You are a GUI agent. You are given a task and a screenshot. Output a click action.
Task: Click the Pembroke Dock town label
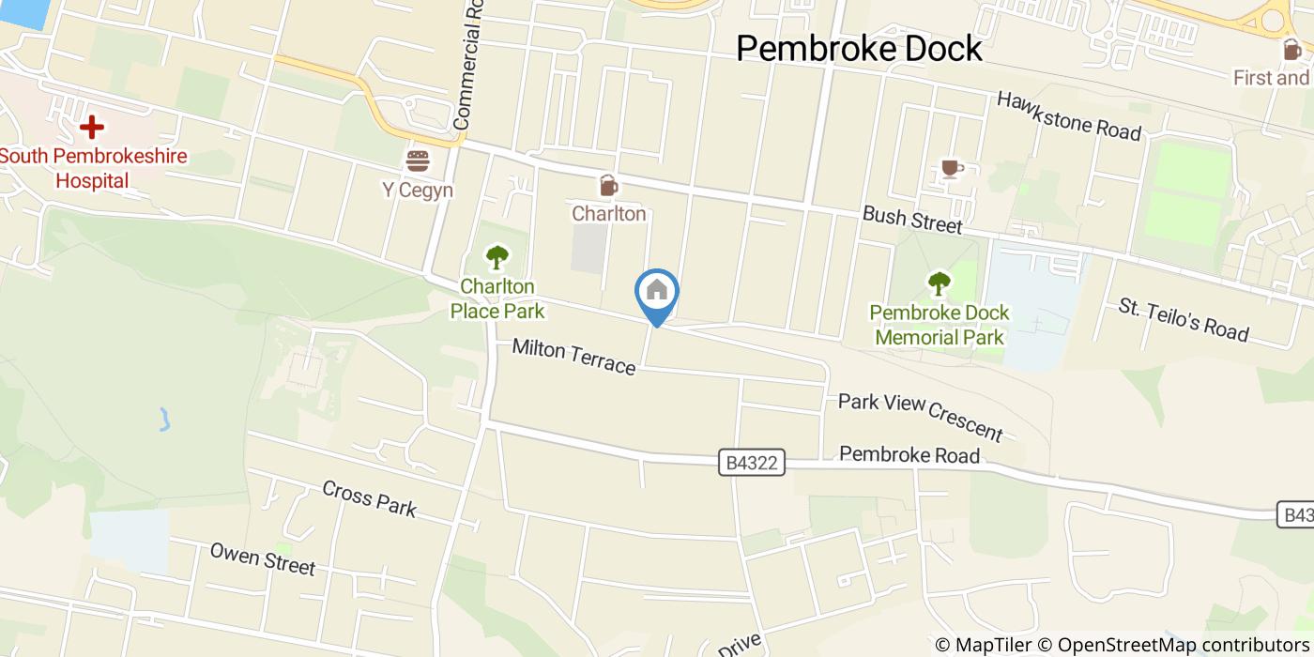859,48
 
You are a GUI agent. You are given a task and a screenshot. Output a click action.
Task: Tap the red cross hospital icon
91,126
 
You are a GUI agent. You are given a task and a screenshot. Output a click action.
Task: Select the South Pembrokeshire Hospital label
93,168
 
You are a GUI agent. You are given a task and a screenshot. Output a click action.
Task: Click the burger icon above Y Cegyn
417,160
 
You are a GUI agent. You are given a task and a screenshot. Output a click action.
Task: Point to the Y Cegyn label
417,191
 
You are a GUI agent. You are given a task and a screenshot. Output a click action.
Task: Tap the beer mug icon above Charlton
608,185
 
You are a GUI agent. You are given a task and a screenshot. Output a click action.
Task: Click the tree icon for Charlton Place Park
497,255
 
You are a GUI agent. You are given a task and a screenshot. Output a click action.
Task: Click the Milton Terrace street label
573,357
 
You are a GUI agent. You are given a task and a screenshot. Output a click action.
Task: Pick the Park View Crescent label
920,416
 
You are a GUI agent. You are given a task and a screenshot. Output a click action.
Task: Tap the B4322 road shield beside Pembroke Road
753,463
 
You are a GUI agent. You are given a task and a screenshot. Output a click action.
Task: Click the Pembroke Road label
909,455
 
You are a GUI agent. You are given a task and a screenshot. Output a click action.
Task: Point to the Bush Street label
912,221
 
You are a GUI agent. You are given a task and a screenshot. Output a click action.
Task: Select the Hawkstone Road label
1068,115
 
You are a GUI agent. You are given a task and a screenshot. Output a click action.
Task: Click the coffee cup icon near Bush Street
952,168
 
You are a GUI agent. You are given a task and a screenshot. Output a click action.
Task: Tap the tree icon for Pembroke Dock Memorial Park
939,283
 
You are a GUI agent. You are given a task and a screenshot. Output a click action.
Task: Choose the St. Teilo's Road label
1183,319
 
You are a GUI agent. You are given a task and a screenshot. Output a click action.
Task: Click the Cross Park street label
369,497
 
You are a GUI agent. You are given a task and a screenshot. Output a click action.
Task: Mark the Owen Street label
262,558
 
